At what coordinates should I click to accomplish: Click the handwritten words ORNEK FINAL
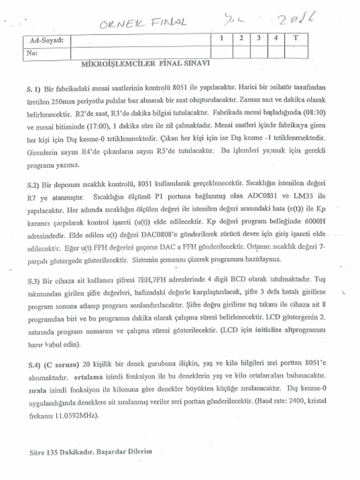143,22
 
